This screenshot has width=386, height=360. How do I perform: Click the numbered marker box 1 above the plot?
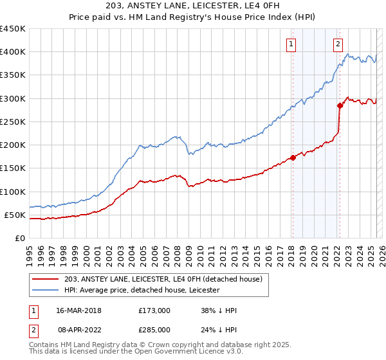291,44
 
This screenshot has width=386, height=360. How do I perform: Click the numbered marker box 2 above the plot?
338,44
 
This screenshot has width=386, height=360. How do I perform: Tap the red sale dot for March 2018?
293,157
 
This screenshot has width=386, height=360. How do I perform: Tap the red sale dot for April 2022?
339,105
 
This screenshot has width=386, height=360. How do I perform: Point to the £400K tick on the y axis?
12,52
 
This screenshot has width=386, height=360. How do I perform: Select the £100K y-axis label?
12,192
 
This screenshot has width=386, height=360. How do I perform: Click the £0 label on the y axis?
19,238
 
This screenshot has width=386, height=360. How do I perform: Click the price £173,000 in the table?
154,310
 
